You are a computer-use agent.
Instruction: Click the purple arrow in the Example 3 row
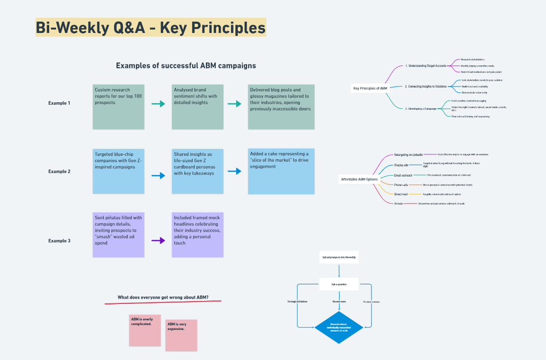click(158, 240)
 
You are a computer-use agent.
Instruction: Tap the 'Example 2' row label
click(59, 172)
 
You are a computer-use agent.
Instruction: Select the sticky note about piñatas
click(118, 235)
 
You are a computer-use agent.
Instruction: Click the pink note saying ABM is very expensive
click(181, 335)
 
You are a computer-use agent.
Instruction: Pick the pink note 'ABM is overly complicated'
click(145, 330)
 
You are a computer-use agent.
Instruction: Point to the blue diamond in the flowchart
click(339, 328)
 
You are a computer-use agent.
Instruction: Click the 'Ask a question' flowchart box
click(339, 284)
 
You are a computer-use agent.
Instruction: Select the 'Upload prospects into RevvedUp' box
click(339, 257)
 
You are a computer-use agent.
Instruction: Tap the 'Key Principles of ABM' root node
click(370, 89)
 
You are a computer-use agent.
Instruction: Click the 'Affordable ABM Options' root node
click(359, 179)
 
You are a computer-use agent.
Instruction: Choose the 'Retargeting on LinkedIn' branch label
click(408, 154)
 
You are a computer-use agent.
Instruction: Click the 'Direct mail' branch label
click(401, 194)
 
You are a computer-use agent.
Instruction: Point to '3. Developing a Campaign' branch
click(421, 108)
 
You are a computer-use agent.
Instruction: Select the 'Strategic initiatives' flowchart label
click(297, 301)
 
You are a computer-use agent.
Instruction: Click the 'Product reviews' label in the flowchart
click(371, 301)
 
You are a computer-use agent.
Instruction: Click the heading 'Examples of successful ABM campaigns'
click(186, 65)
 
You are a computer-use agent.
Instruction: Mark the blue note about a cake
click(281, 171)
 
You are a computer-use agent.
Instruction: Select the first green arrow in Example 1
click(158, 104)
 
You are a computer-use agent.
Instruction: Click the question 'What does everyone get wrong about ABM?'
click(163, 297)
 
